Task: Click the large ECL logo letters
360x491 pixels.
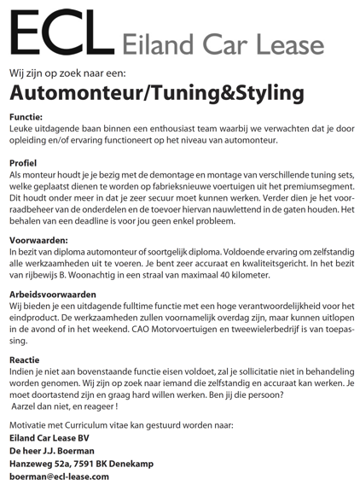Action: click(60, 35)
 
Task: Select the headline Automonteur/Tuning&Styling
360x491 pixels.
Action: click(157, 92)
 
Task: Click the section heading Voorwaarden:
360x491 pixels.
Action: click(38, 242)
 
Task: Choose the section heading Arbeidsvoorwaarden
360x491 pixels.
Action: click(52, 295)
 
